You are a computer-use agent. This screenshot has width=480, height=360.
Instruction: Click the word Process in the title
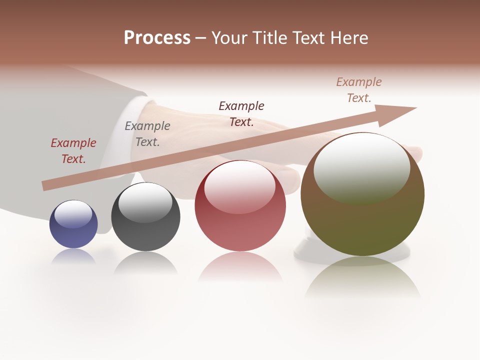coord(157,38)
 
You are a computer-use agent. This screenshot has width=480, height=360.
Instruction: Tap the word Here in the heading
coord(348,38)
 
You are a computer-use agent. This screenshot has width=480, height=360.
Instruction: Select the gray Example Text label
coord(147,134)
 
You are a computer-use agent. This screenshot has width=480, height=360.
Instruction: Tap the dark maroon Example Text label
coord(241,113)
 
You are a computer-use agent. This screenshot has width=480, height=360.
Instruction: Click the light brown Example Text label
coord(359,90)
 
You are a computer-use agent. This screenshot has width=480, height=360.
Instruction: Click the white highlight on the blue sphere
coord(73,214)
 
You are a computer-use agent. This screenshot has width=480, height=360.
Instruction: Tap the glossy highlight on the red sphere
coord(240,186)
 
